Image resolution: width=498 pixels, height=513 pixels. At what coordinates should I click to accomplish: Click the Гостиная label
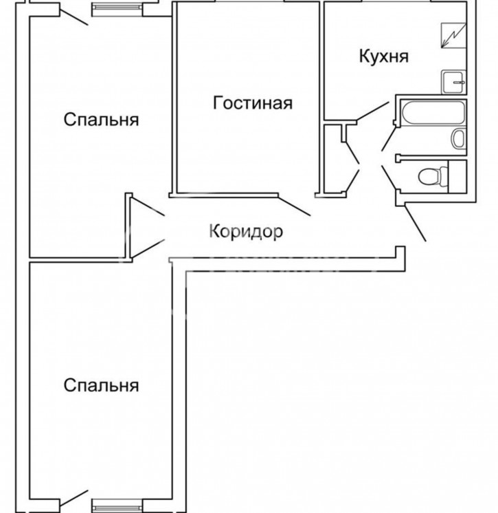tap(253, 103)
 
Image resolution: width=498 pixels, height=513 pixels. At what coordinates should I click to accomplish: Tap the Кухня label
tap(384, 56)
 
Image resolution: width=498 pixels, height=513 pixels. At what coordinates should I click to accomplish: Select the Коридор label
tap(246, 232)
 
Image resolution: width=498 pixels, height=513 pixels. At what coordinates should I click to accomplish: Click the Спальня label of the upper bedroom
tap(101, 120)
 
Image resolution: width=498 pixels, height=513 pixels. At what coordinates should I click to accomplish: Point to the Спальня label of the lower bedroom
tap(101, 385)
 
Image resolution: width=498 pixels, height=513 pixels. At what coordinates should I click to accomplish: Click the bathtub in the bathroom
tap(433, 113)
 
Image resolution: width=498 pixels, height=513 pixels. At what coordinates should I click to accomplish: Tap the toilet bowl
tap(433, 176)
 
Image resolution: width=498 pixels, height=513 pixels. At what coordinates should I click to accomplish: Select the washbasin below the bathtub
tap(458, 138)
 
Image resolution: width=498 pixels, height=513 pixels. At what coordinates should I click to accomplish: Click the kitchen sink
tap(453, 82)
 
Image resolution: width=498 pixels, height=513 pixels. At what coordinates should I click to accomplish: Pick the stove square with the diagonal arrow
tap(453, 35)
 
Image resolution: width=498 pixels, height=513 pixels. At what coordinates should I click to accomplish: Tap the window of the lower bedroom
tap(117, 505)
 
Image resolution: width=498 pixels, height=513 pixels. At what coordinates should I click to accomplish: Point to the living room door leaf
tap(294, 206)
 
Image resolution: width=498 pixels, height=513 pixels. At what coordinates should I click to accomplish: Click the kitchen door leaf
tap(372, 112)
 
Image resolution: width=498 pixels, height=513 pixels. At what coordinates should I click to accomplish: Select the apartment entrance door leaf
tap(415, 223)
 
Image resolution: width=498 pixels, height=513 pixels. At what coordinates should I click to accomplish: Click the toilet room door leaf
tap(389, 177)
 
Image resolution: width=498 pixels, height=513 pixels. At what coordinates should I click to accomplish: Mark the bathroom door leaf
tap(389, 139)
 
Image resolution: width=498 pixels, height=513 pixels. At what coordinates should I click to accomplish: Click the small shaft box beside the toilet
tap(457, 176)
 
